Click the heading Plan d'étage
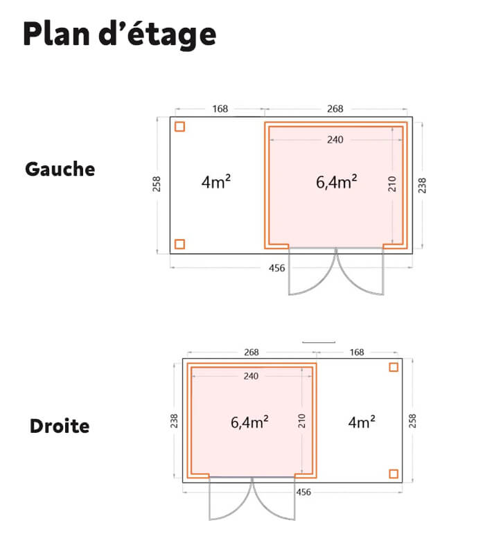pos(119,35)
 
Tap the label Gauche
pos(60,169)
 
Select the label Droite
pos(60,426)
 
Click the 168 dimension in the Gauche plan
pos(220,109)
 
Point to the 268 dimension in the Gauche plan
pos(335,109)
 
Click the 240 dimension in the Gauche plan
pos(335,140)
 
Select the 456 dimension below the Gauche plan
pos(276,268)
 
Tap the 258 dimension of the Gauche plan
pos(157,184)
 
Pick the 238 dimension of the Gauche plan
pos(422,186)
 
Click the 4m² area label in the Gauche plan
pos(216,182)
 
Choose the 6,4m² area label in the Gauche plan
pos(336,182)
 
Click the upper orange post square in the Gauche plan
pos(179,127)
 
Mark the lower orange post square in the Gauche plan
pos(179,244)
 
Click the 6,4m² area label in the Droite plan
pos(249,422)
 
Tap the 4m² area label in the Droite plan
pos(362,422)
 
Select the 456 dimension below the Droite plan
pos(303,492)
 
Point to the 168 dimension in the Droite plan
pos(357,352)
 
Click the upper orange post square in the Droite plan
pos(394,368)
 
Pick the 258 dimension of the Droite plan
pos(412,421)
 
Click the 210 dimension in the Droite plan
pos(301,421)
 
